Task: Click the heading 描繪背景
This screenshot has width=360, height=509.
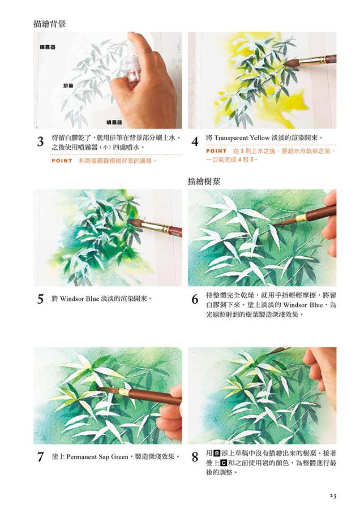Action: [x=50, y=24]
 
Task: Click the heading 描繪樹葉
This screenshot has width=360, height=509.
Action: [x=204, y=181]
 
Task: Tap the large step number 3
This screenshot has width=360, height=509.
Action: [x=40, y=142]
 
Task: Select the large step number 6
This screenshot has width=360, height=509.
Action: [x=195, y=299]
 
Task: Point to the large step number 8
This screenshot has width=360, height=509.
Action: [x=195, y=457]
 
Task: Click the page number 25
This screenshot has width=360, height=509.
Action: [x=332, y=495]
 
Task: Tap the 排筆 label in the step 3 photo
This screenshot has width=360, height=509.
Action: [x=68, y=86]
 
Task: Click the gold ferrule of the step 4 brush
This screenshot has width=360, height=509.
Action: [x=312, y=60]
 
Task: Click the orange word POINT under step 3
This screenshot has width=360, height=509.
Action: [x=62, y=161]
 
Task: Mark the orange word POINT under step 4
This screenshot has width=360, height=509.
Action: [x=216, y=151]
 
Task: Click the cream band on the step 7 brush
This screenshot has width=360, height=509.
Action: [x=124, y=391]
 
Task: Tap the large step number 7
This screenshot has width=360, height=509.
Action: [x=40, y=457]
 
